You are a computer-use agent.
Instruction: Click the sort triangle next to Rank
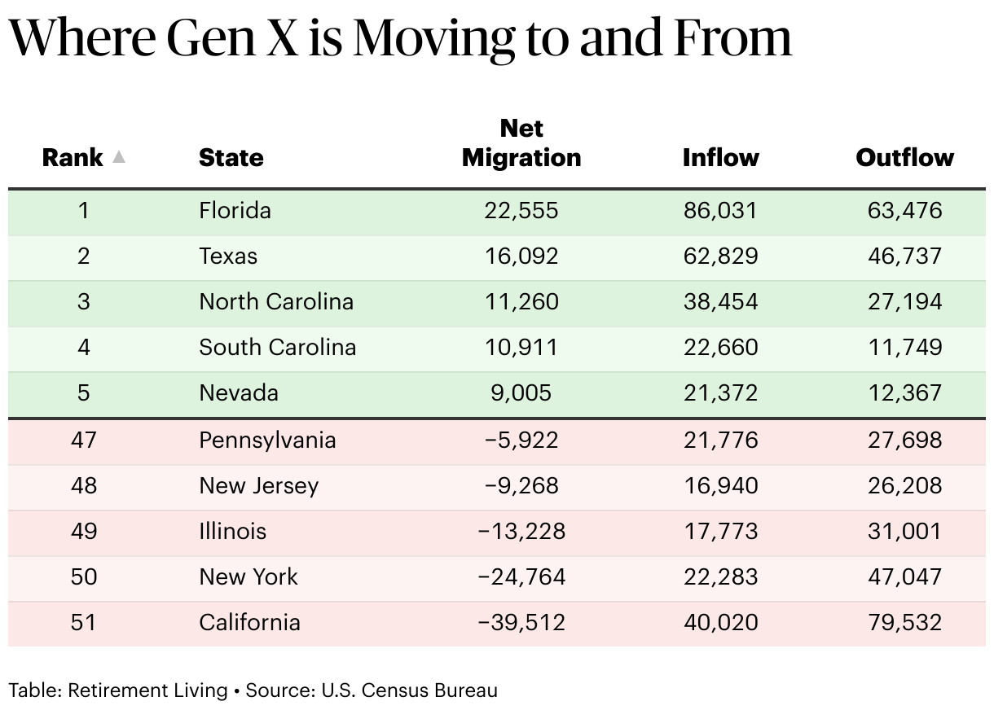pos(118,156)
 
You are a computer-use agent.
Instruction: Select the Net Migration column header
pos(521,142)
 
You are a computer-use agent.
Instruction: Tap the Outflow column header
pos(905,157)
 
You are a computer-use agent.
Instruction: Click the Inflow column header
pos(720,157)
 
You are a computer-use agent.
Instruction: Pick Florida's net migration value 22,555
pos(521,210)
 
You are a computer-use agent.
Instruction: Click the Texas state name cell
pos(228,256)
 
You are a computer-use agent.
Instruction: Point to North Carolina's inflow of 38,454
pos(720,301)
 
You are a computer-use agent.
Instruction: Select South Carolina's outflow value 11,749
pos(905,347)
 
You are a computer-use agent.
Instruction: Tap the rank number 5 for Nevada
pos(83,393)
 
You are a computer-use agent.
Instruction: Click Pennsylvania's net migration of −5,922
pos(521,440)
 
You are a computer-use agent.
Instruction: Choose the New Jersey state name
pos(259,486)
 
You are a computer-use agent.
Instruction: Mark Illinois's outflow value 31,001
pos(905,532)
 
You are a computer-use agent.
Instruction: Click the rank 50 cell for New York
pos(83,577)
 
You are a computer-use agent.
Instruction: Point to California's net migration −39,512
pos(521,622)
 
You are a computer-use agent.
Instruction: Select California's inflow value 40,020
pos(720,622)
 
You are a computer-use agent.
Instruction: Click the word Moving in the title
pos(433,40)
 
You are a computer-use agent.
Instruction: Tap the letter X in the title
pos(282,37)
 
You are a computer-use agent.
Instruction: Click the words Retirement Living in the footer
pos(147,690)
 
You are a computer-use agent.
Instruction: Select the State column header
pos(231,157)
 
